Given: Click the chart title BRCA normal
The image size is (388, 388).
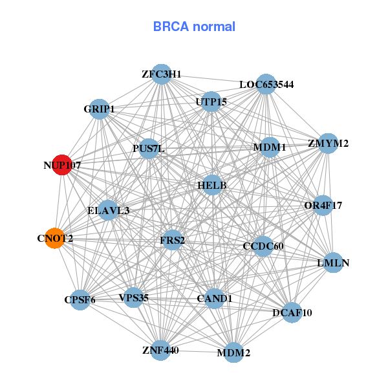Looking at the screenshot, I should pos(194,27).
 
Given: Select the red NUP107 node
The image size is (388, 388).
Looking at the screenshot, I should pos(62,165).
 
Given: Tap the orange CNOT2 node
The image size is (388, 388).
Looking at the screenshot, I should pos(55,238).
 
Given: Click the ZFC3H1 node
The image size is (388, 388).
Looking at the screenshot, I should pos(162,74).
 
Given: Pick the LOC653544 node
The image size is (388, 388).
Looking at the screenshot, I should pos(266,84).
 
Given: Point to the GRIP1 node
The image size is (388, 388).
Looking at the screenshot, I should pos(99,109).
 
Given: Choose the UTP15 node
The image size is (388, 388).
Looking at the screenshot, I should pos(211,102).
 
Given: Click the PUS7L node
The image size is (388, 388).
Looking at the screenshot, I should pos(149,149).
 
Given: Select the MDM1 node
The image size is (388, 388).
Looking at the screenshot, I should pos(270,147).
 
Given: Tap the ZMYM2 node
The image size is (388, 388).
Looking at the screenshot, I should pos(328,143).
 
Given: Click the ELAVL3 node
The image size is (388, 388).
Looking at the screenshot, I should pos(108,210).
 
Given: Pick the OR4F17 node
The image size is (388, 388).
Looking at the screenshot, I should pos(323,206).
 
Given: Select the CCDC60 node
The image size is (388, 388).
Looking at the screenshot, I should pos(263,246).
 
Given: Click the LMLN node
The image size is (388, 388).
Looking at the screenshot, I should pos(333,263).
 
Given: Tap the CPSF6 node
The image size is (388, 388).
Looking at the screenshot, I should pos(80,299).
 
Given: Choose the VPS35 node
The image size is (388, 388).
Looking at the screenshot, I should pos(133,297).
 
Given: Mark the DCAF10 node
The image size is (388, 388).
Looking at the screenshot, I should pos(292,312).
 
